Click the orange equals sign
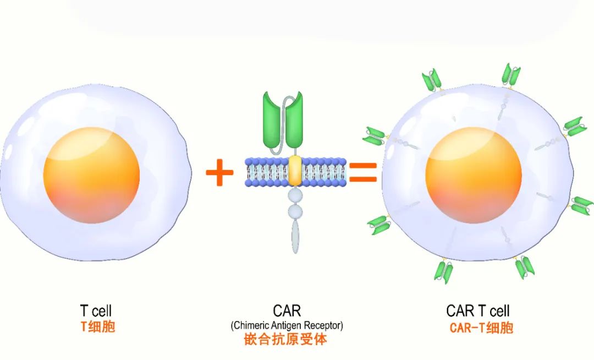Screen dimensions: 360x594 [x=363, y=172]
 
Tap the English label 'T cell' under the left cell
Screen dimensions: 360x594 [x=96, y=311]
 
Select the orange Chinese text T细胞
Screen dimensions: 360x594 [x=97, y=327]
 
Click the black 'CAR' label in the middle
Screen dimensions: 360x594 [x=287, y=311]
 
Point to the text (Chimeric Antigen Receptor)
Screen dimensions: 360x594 [x=287, y=325]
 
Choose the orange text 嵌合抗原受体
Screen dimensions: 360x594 [x=285, y=339]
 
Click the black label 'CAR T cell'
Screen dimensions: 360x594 [x=478, y=311]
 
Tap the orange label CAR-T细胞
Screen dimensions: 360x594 [x=481, y=328]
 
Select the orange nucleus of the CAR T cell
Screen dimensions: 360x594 [x=473, y=175]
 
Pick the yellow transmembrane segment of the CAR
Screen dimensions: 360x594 [x=295, y=170]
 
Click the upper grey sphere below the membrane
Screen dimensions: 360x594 [x=296, y=197]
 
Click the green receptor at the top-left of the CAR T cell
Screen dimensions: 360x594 [x=432, y=79]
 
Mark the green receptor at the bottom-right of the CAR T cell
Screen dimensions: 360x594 [x=525, y=267]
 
